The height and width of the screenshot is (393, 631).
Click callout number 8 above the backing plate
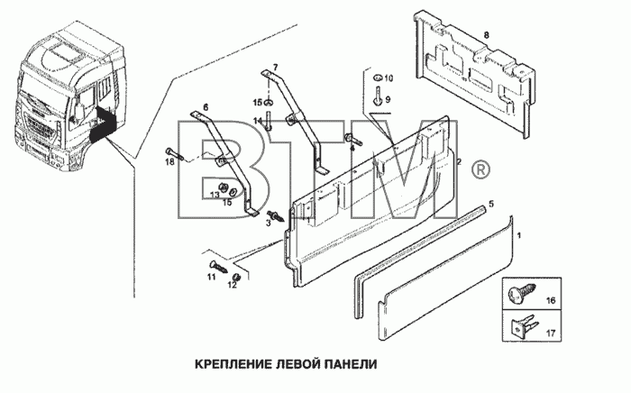click(487, 35)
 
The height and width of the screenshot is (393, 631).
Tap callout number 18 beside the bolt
click(169, 161)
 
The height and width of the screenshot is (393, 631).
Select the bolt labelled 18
click(174, 153)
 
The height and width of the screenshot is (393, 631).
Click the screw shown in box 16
click(523, 290)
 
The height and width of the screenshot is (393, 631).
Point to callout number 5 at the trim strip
click(491, 204)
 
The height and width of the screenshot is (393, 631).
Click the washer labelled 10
click(378, 78)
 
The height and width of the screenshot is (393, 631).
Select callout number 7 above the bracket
click(275, 67)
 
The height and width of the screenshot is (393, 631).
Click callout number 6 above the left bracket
click(206, 107)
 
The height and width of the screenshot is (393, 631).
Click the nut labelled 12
click(236, 278)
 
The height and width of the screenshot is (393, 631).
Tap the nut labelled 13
click(222, 187)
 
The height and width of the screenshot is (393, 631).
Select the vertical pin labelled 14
click(269, 121)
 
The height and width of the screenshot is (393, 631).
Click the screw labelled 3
click(277, 215)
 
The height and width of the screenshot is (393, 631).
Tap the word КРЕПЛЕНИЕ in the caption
click(232, 364)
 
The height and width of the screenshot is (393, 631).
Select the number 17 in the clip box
click(550, 334)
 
